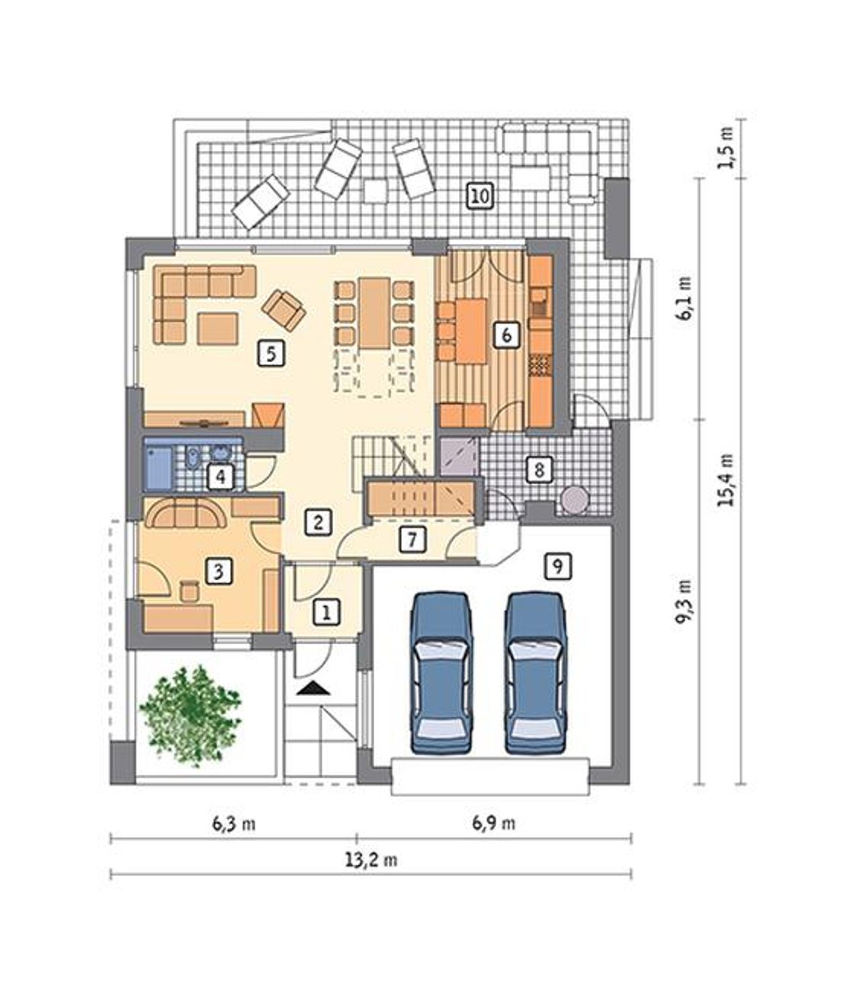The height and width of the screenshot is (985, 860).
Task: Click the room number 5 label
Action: [271, 354]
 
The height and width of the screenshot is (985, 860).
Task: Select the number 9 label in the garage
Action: [558, 566]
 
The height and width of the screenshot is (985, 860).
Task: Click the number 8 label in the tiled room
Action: [539, 470]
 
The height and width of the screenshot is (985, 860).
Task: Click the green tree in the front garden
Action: [191, 719]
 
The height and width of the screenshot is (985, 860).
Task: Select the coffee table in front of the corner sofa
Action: [217, 329]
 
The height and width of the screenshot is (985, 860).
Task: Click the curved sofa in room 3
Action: [185, 513]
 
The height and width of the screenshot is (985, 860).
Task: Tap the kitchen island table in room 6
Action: [471, 332]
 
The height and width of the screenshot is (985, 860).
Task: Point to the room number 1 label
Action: [327, 612]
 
